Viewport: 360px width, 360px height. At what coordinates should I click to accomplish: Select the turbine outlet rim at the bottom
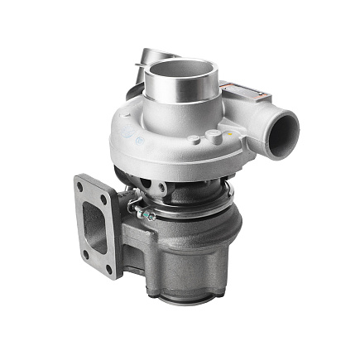tap(186, 290)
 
